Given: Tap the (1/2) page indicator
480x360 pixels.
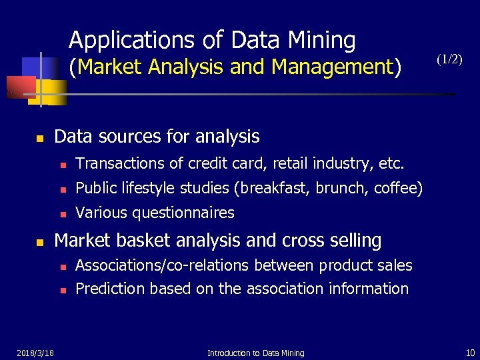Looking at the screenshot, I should coord(449,59).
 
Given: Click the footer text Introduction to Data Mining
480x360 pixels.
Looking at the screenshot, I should coord(256,353).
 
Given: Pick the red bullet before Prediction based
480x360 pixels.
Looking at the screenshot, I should coord(63,290).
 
